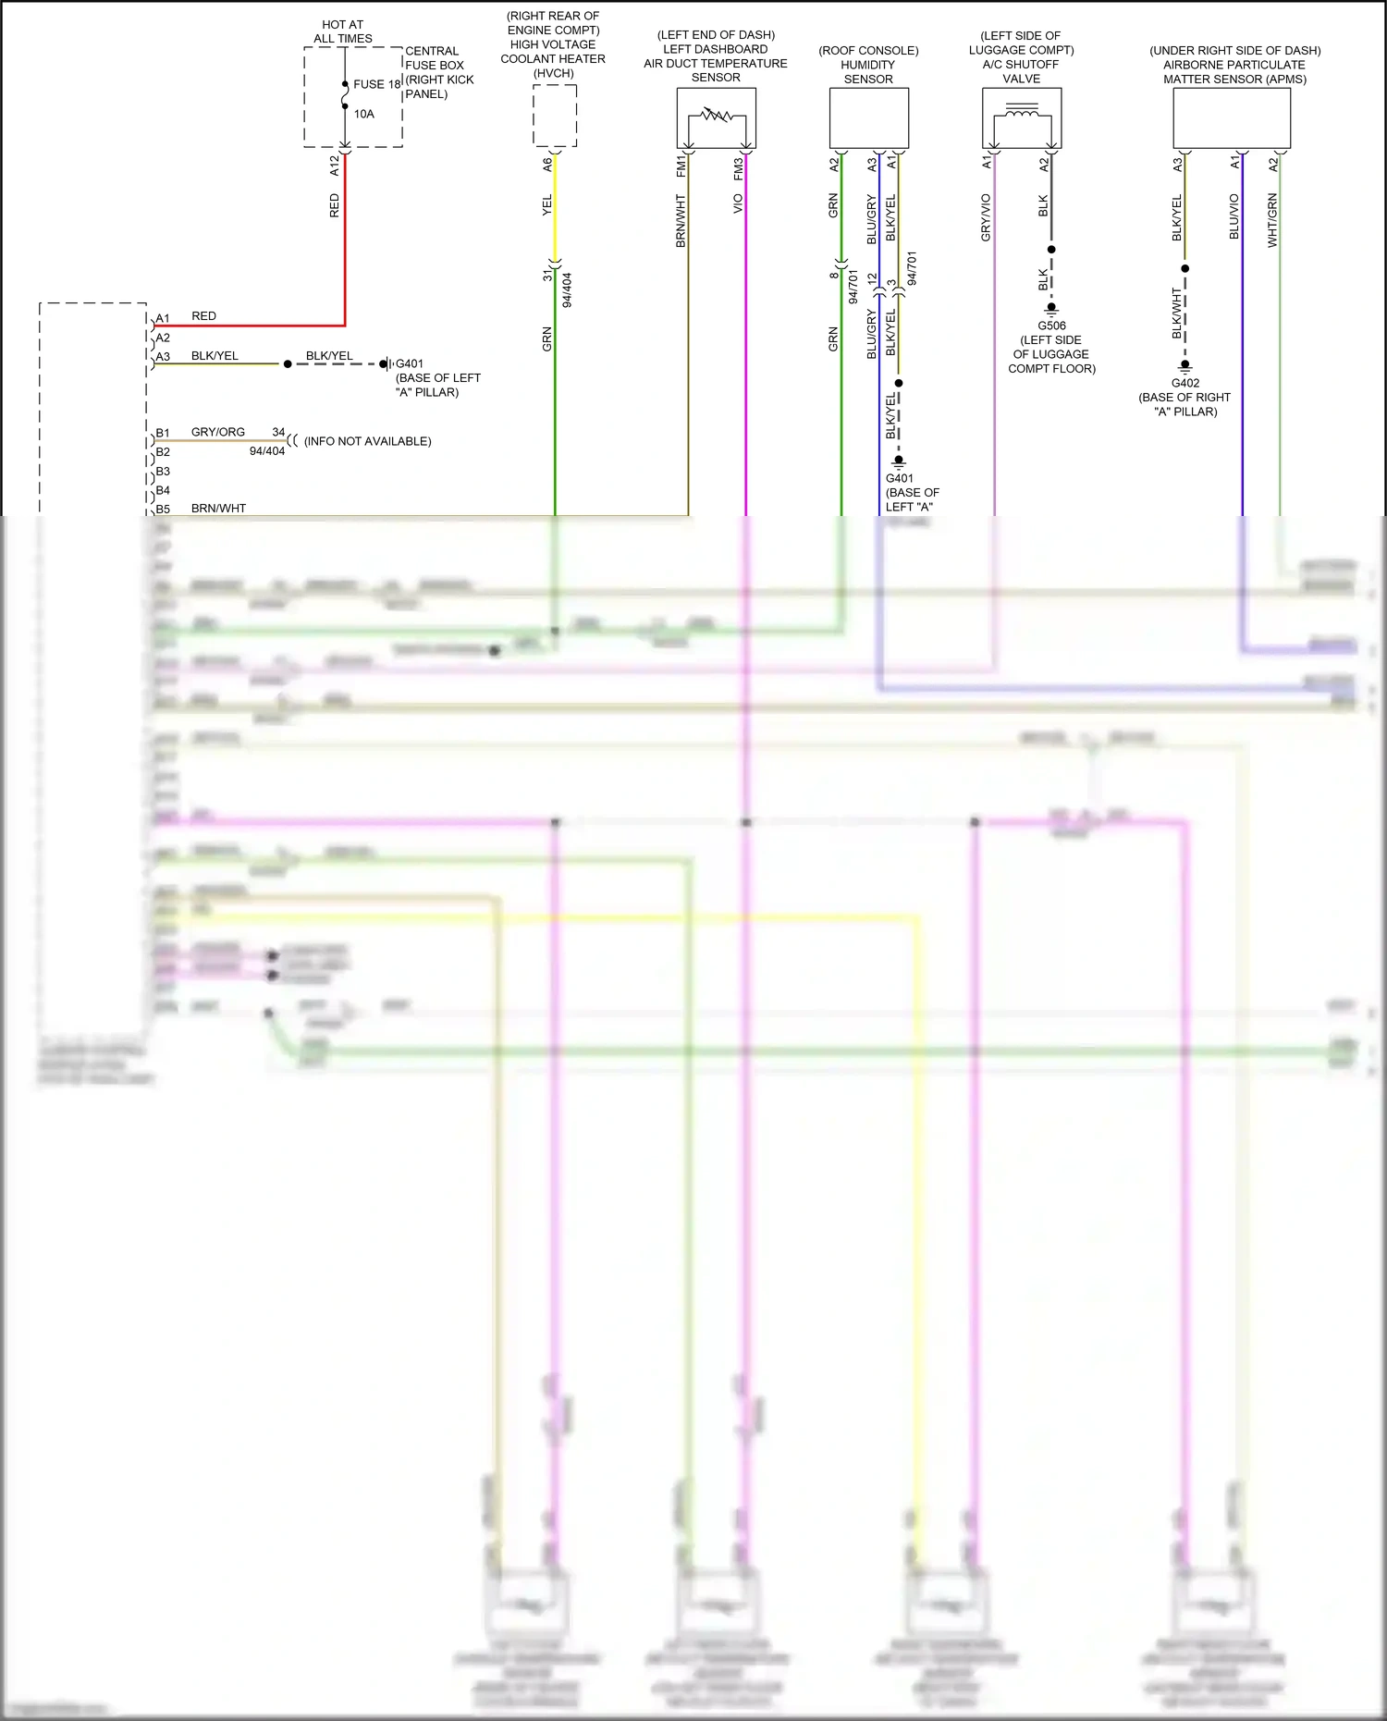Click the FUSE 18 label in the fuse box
376,84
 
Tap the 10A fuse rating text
364,114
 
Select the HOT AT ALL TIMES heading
343,31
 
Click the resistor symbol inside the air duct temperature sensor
717,116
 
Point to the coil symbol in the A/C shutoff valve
1022,115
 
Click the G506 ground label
1051,326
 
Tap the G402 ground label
1185,383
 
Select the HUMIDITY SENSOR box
869,118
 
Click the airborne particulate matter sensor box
1232,118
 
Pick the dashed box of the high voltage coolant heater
555,116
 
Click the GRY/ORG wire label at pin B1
218,432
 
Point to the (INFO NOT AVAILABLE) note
368,441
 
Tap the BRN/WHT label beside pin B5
218,508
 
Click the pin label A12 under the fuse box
335,166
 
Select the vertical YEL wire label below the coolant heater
547,205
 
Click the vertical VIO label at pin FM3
738,203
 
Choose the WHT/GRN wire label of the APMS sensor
1272,220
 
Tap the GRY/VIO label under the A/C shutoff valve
986,218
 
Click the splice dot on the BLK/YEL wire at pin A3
288,364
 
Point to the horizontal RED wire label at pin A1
203,316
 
